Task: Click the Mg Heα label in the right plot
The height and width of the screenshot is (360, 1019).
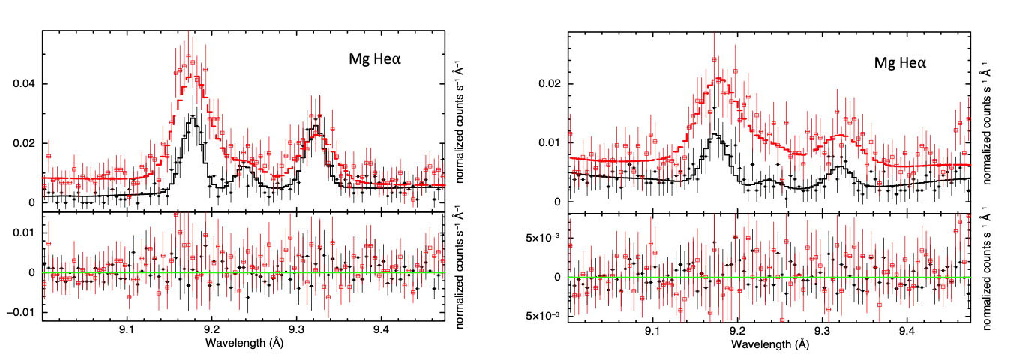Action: point(901,64)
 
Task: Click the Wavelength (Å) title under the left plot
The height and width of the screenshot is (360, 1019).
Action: point(244,344)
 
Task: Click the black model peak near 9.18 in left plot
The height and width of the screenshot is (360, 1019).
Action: point(194,117)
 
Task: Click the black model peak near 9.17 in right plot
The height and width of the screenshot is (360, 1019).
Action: point(716,135)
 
